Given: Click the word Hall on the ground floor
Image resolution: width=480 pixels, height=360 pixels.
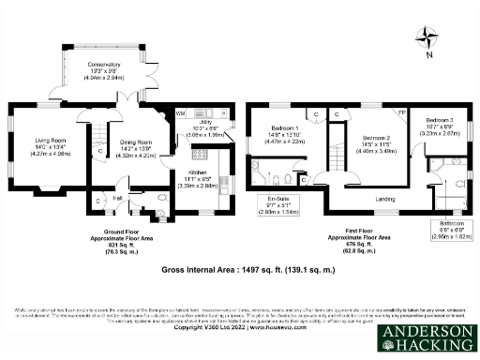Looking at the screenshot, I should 119,198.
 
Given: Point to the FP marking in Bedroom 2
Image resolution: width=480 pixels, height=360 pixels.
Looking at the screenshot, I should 403,112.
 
